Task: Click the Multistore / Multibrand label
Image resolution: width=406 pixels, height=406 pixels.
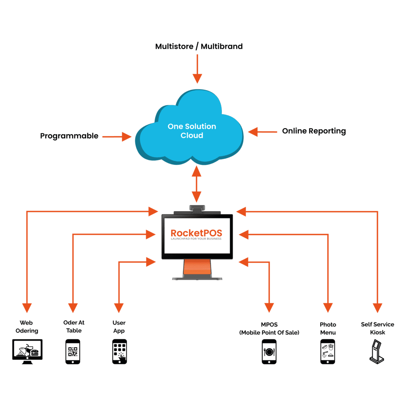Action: [199, 47]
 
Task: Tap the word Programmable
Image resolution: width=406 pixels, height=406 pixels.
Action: [69, 136]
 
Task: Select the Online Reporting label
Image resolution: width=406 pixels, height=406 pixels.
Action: [314, 131]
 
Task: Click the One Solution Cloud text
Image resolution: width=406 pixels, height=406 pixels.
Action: [192, 131]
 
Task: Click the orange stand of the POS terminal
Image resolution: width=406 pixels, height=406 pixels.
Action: [197, 268]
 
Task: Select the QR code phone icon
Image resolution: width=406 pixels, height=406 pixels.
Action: [73, 351]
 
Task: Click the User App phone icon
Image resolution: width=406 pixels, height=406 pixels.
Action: [119, 351]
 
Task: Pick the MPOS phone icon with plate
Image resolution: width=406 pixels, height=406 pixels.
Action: [269, 351]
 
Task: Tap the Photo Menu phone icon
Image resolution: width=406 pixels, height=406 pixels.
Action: [327, 351]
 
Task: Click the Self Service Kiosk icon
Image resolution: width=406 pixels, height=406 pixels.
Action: [377, 351]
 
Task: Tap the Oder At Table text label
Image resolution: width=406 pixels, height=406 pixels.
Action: [74, 327]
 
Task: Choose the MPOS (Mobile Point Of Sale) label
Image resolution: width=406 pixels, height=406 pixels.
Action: [269, 329]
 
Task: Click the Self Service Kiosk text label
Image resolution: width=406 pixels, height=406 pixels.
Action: [377, 328]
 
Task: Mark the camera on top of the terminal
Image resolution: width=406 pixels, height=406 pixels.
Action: [197, 208]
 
